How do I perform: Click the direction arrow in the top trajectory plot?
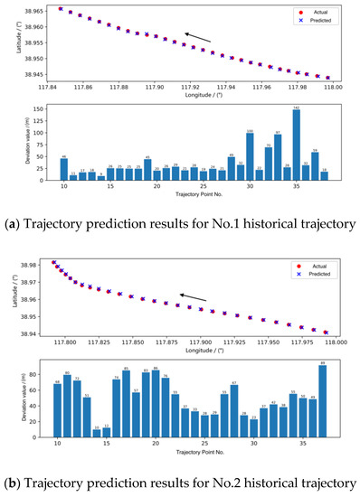199,38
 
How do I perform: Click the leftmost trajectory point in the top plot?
60,8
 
